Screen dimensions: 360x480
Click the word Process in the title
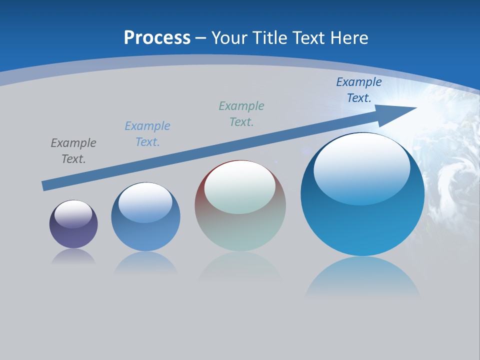click(x=157, y=38)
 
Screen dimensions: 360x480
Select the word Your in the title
click(x=229, y=38)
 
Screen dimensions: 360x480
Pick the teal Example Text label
click(x=241, y=114)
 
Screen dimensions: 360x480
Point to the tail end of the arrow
click(x=46, y=185)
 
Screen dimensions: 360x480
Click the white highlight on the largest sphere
click(x=362, y=167)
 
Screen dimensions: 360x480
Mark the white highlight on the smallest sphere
click(x=73, y=214)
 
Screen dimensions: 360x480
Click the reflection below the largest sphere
click(x=362, y=277)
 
